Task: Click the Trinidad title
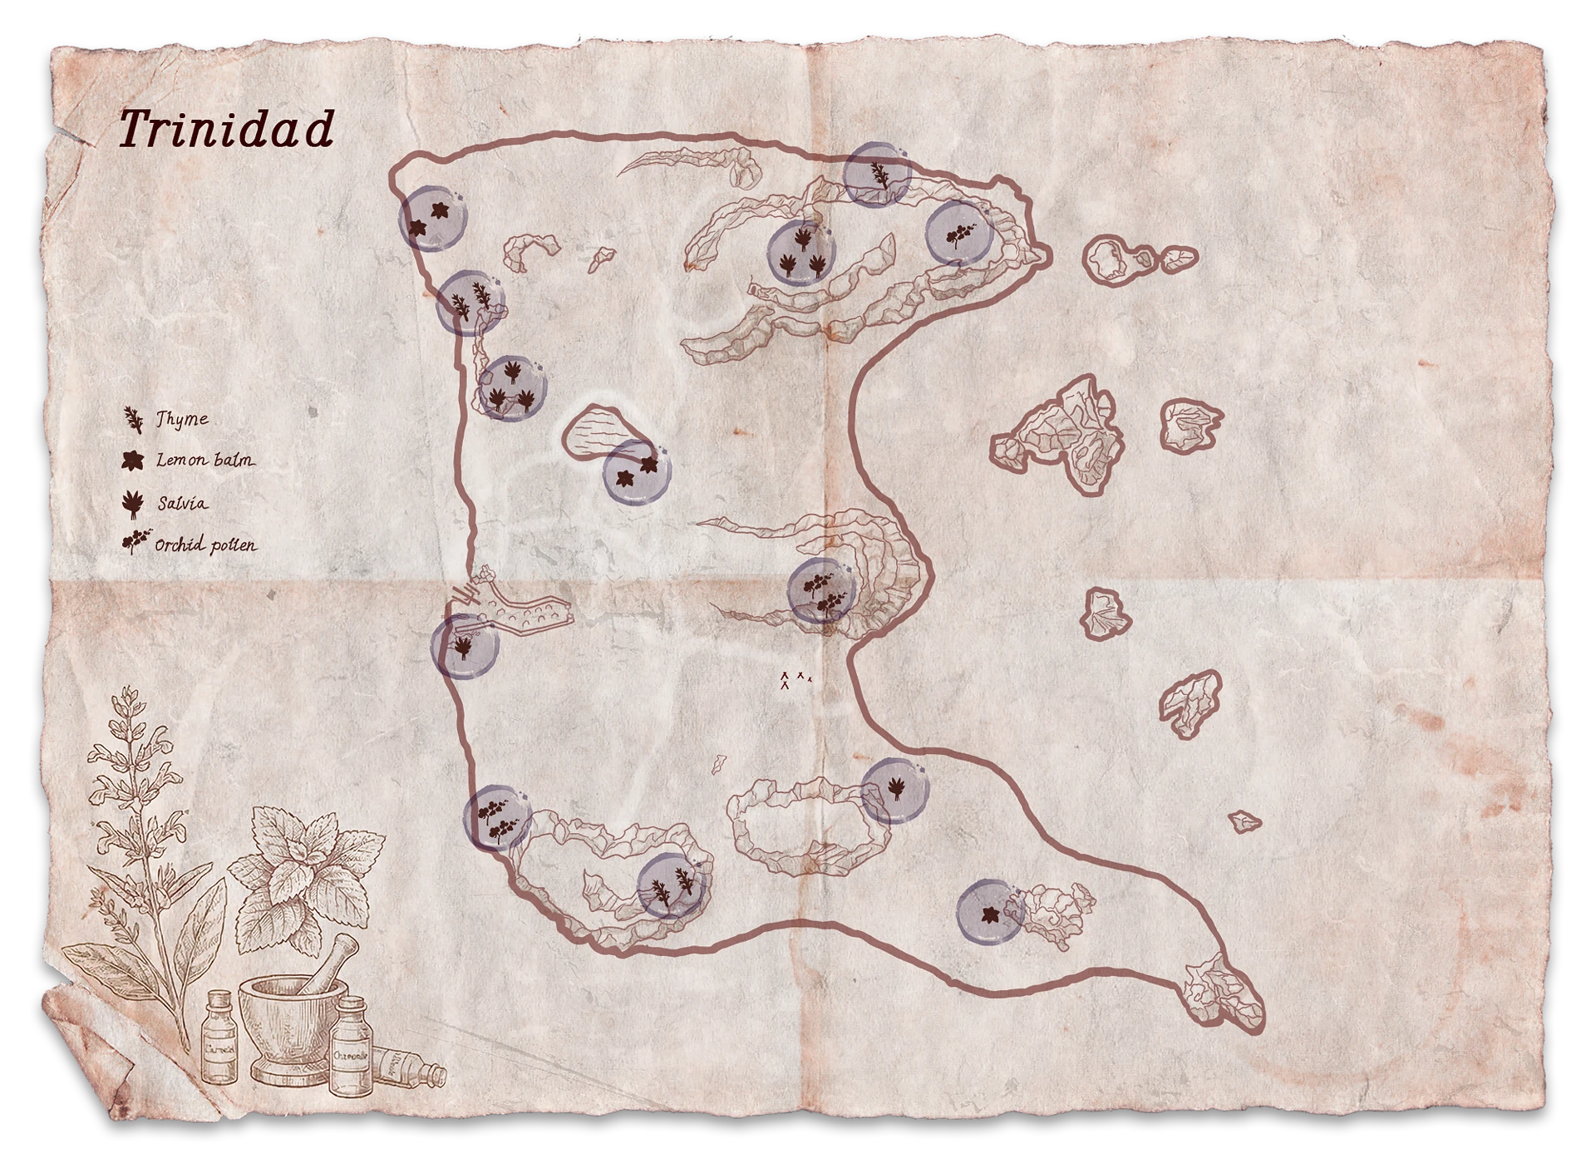226,131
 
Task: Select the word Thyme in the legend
182,420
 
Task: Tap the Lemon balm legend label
204,460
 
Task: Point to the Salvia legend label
182,504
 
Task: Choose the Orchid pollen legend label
205,546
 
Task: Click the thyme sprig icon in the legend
133,420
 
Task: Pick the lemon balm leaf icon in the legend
132,460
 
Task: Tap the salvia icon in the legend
132,504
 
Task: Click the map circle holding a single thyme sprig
877,175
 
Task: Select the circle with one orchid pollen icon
959,233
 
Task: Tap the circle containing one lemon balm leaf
990,913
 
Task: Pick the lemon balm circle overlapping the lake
636,471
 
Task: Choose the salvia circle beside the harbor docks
465,647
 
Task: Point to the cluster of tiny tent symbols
793,681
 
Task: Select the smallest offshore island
1244,822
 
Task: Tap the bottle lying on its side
410,1069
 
